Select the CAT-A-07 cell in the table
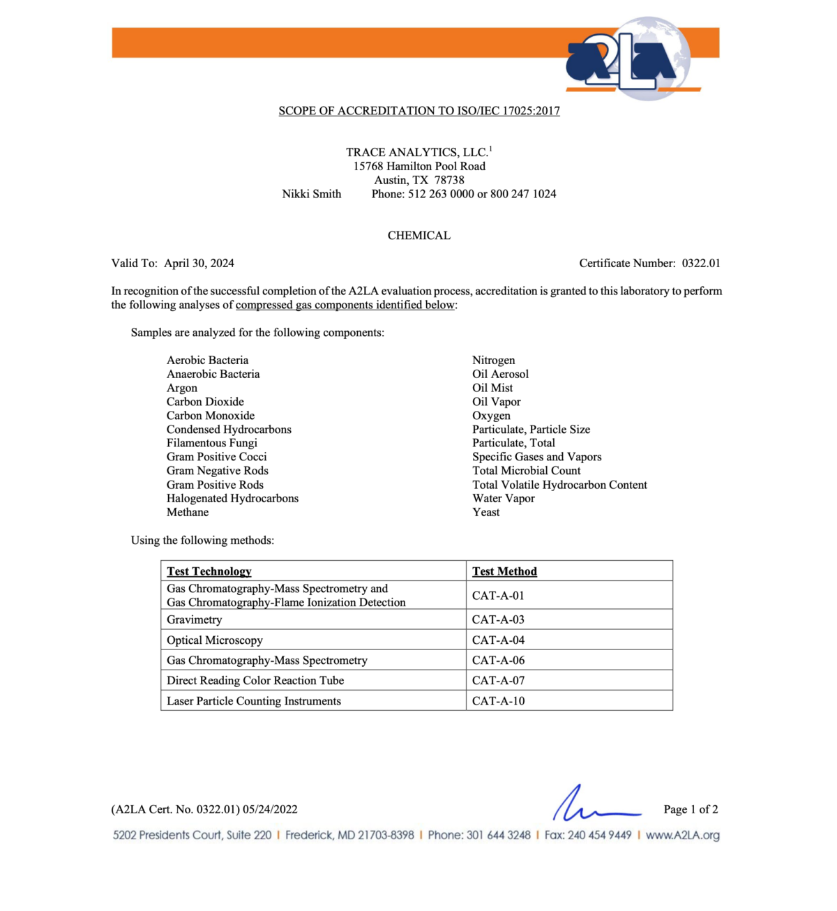pos(498,680)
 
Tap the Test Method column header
pos(504,571)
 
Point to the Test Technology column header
pos(209,571)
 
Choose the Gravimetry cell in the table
pos(194,619)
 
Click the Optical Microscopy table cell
pos(215,640)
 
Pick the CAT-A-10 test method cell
pos(498,701)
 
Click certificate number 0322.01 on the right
pos(701,263)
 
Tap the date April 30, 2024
pos(199,263)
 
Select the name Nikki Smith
pos(312,194)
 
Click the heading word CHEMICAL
pos(418,236)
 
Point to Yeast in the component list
pos(486,512)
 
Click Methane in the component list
pos(188,512)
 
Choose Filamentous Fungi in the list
pos(212,443)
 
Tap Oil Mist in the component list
pos(492,388)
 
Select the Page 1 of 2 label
pos(691,809)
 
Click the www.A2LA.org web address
pos(682,835)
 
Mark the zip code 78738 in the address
pos(449,180)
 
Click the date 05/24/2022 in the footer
pos(270,809)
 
